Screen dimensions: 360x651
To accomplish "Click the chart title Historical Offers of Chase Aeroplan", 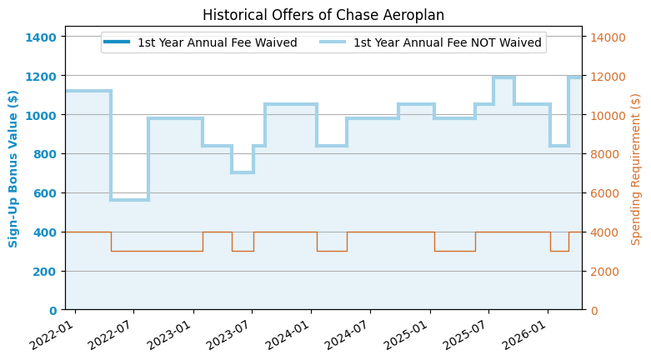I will click(x=323, y=15).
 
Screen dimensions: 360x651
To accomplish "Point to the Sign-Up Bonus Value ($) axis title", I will click(x=13, y=169).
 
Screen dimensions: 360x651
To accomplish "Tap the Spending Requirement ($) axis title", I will click(x=636, y=169).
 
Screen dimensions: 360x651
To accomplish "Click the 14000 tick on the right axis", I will click(x=608, y=37).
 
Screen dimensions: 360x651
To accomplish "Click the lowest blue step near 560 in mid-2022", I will click(x=129, y=200).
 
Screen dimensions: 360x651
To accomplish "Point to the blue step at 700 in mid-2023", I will click(x=243, y=172).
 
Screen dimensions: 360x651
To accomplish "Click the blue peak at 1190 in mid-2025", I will click(x=503, y=77).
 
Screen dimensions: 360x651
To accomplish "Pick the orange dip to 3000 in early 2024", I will click(x=332, y=251).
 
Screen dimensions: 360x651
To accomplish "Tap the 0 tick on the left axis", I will click(x=53, y=310).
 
